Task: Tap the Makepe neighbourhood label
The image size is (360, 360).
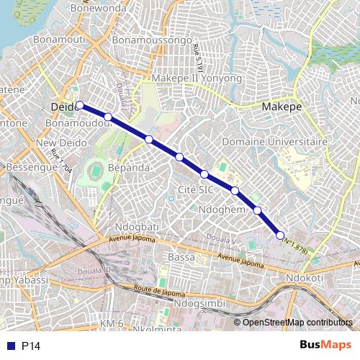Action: click(282, 107)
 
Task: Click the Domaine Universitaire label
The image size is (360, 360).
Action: click(274, 142)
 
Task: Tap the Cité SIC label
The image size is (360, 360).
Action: click(196, 189)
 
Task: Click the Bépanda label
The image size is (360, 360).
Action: click(128, 168)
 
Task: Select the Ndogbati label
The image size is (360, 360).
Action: click(131, 225)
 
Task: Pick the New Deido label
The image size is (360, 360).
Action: click(55, 143)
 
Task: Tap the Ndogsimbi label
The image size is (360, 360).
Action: click(197, 303)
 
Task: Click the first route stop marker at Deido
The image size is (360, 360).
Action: click(80, 105)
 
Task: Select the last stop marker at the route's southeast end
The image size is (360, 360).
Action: click(280, 235)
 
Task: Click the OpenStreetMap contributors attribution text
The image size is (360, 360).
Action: click(297, 323)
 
